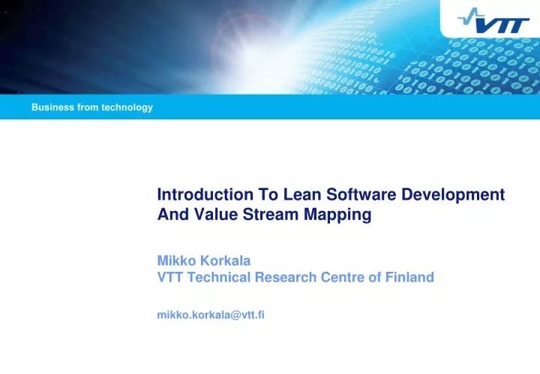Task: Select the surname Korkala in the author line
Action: (223, 261)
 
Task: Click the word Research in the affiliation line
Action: (286, 277)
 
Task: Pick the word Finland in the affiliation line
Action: (409, 277)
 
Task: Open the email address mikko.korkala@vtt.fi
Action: (211, 315)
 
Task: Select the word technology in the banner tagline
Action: (130, 107)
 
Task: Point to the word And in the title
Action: (169, 215)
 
